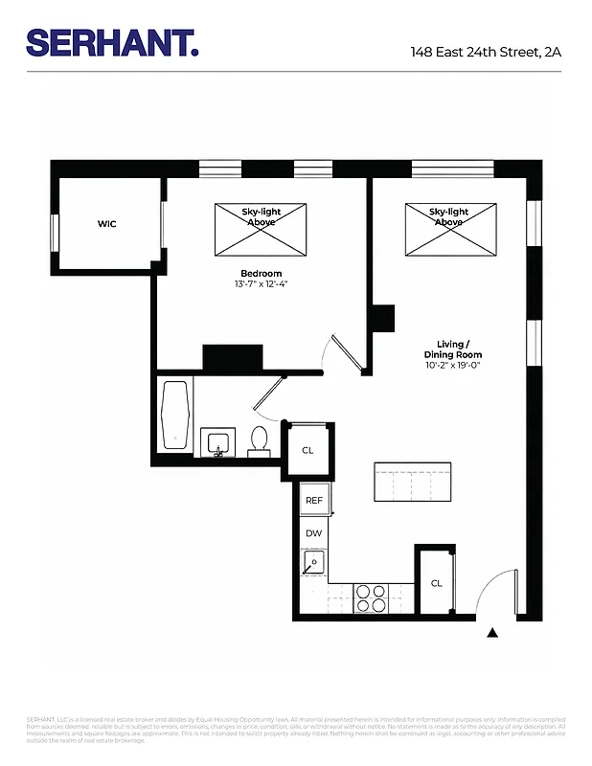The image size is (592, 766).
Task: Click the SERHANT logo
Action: pyautogui.click(x=112, y=42)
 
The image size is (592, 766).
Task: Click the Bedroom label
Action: pyautogui.click(x=261, y=273)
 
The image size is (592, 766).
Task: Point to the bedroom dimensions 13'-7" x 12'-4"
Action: pyautogui.click(x=261, y=284)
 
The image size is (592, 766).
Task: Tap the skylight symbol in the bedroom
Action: pyautogui.click(x=261, y=229)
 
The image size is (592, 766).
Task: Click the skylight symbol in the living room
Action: pyautogui.click(x=449, y=229)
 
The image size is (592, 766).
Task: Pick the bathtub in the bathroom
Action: pyautogui.click(x=175, y=416)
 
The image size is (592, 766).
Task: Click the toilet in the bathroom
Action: pyautogui.click(x=259, y=441)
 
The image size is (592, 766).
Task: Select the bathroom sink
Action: pyautogui.click(x=218, y=444)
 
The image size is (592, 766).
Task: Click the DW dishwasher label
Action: pyautogui.click(x=313, y=532)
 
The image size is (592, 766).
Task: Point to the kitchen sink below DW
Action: pyautogui.click(x=313, y=563)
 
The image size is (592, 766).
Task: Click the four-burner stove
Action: pyautogui.click(x=371, y=598)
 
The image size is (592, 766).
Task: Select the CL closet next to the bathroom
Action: pyautogui.click(x=307, y=449)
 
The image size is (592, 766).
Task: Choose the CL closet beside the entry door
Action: pyautogui.click(x=436, y=582)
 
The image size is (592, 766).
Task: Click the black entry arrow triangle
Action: pyautogui.click(x=493, y=633)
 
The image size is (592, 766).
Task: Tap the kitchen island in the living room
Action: pyautogui.click(x=410, y=483)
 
